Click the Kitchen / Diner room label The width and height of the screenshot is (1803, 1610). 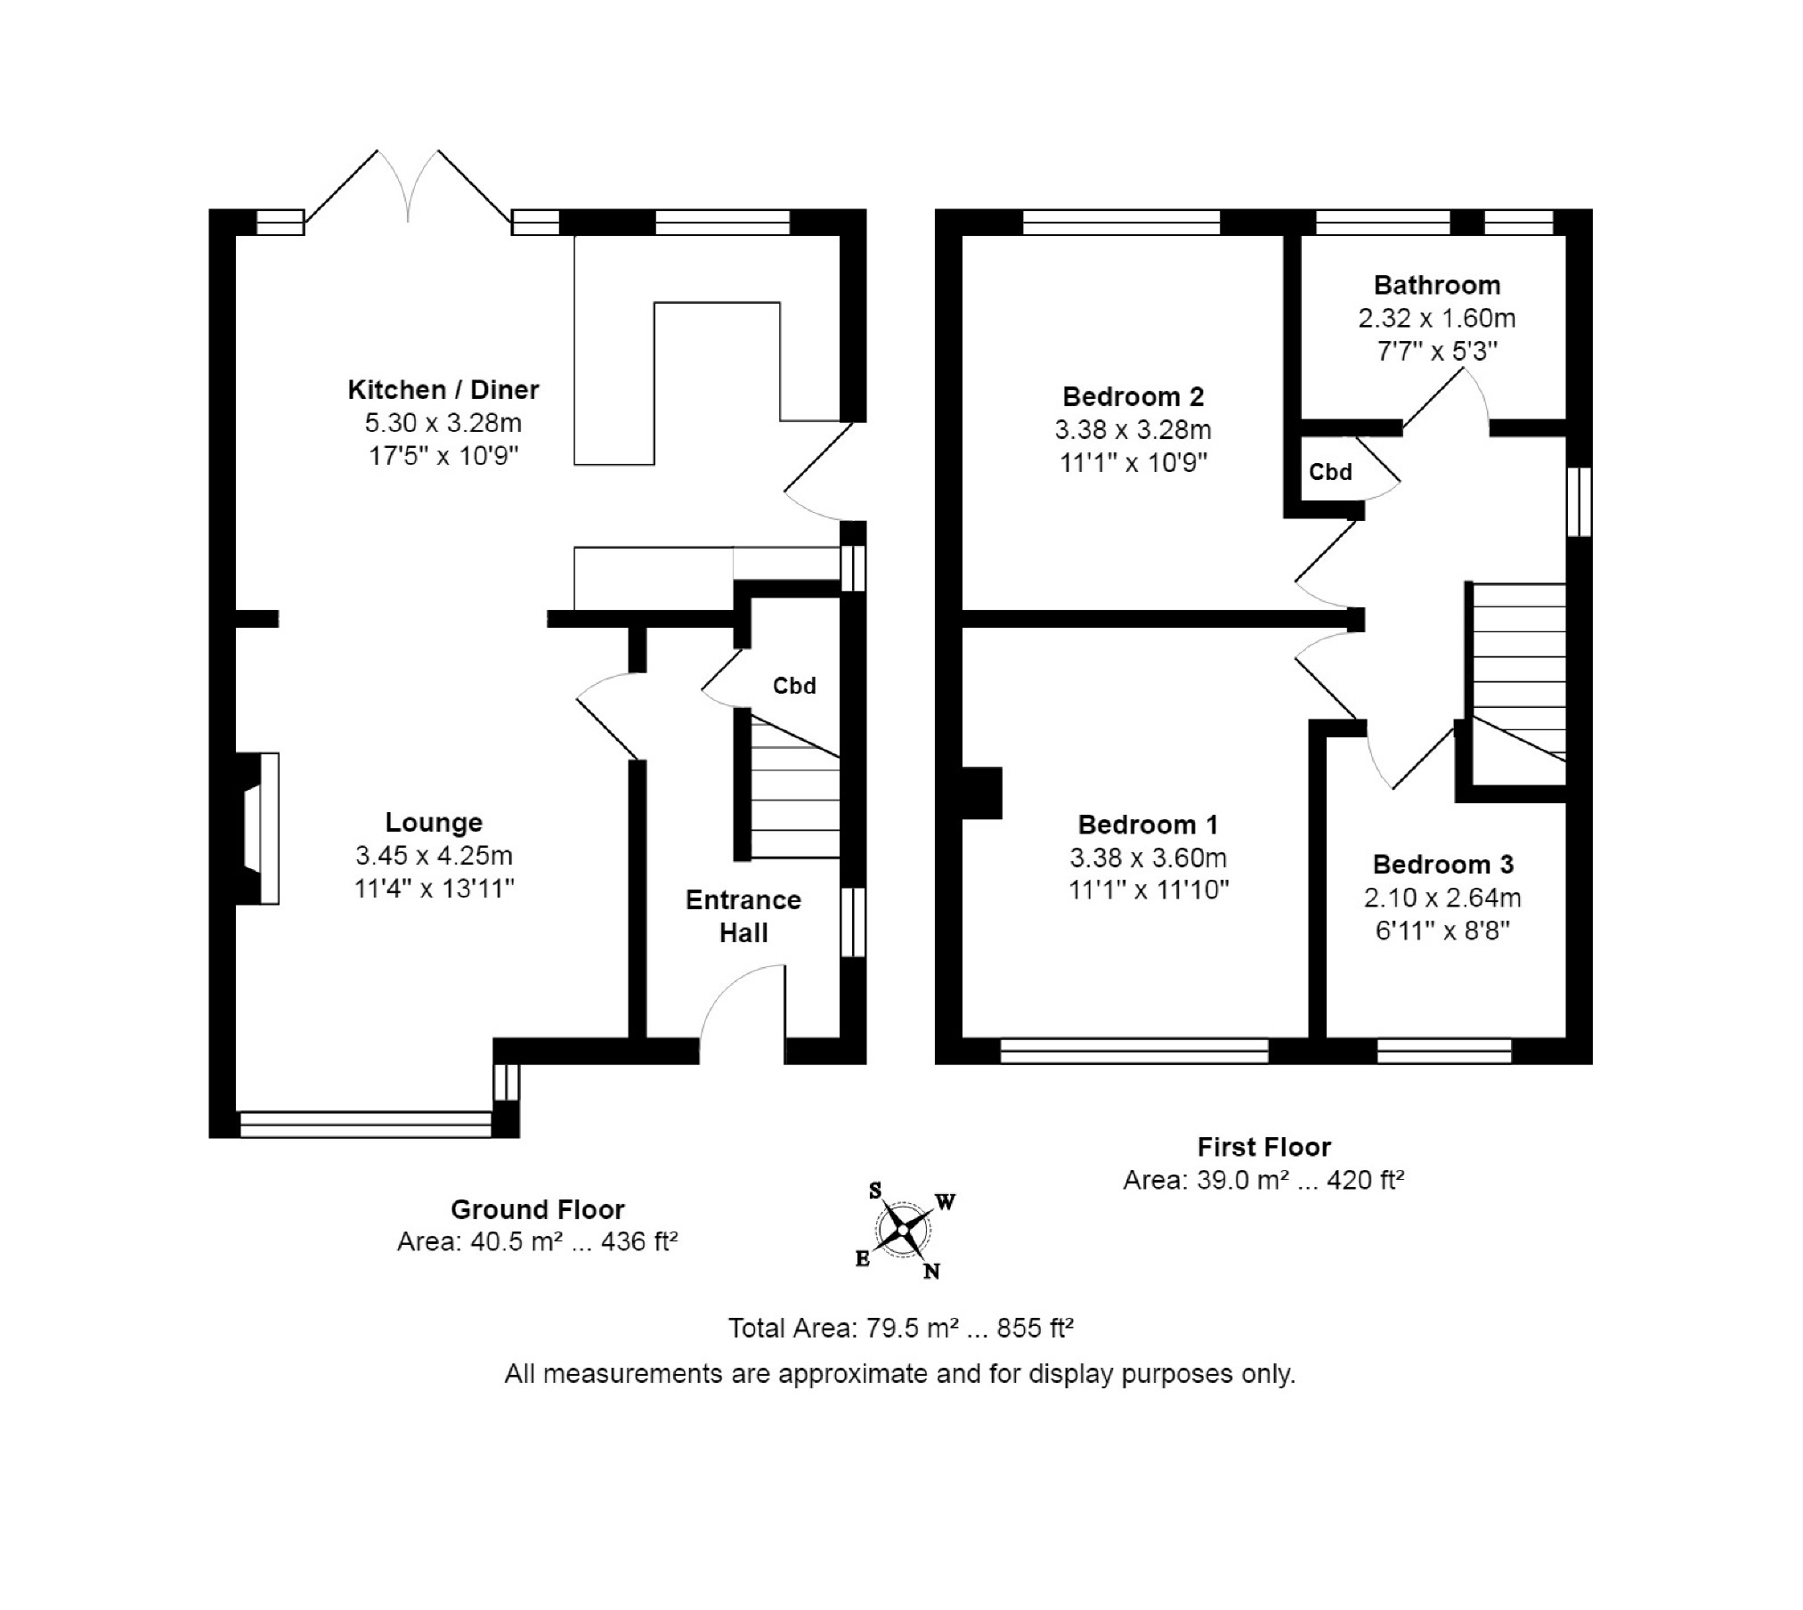coord(443,389)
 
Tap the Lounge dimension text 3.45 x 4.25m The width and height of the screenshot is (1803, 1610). coord(434,856)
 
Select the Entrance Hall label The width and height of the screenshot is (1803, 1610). coord(743,916)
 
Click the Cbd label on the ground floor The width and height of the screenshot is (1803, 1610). coord(793,686)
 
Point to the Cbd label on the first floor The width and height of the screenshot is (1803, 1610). coord(1329,472)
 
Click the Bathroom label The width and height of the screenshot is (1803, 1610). coord(1436,285)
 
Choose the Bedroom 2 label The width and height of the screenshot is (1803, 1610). coord(1133,396)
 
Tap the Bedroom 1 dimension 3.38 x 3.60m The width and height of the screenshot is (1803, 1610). coord(1148,858)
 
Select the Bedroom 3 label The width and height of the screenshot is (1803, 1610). coord(1442,864)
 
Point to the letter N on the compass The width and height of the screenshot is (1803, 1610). coord(931,1272)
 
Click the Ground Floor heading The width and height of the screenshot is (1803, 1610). coord(537,1209)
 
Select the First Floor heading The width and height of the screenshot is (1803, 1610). coord(1263,1147)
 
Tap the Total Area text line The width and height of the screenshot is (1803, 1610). coord(900,1328)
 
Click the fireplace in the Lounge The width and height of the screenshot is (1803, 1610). coord(260,828)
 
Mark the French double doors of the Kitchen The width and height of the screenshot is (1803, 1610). coord(408,191)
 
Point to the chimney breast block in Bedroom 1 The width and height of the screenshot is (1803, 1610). coord(981,793)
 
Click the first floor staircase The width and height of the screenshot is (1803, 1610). coord(1516,672)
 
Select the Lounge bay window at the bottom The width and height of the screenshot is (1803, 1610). coord(365,1124)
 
